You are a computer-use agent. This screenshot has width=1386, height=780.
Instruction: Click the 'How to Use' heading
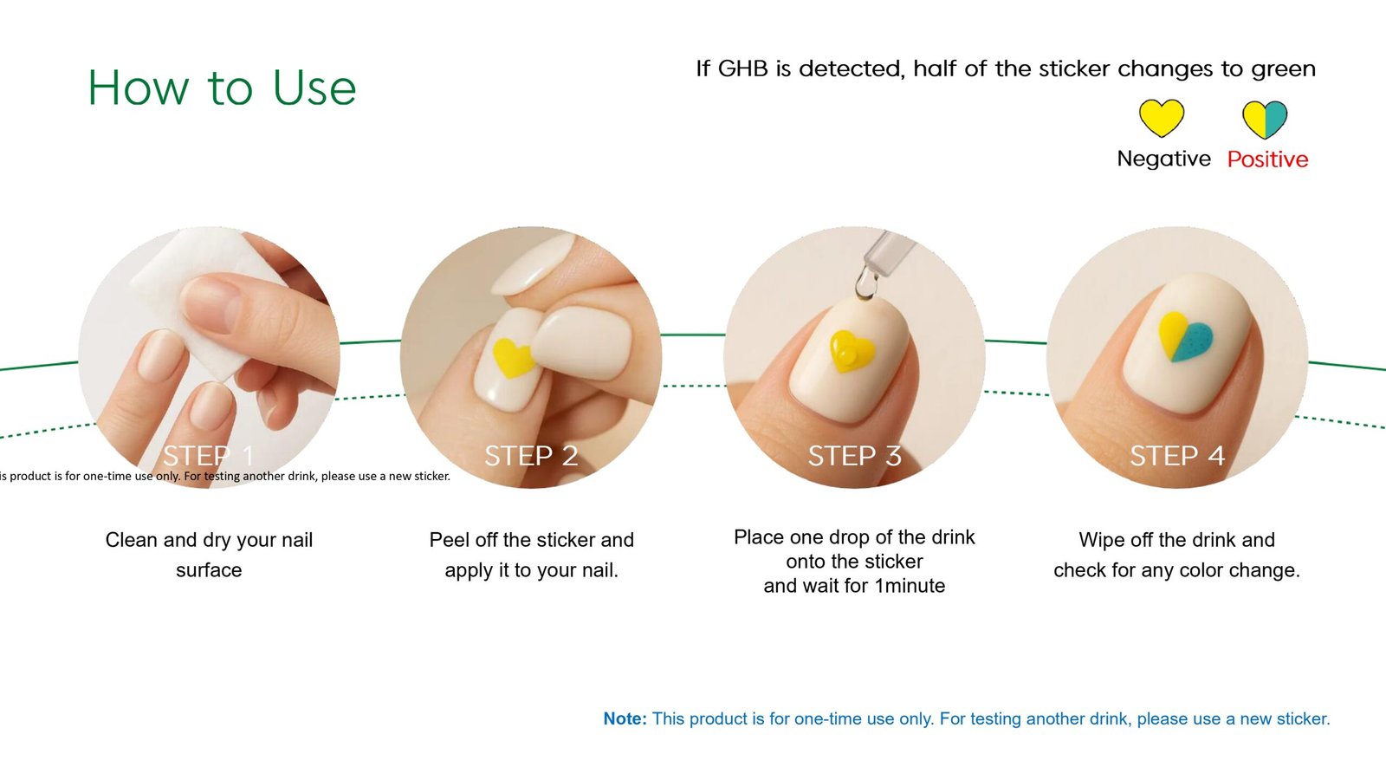(222, 88)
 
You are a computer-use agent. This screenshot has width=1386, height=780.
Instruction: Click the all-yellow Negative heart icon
(1162, 118)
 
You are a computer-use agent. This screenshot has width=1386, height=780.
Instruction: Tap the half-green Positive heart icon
(1265, 120)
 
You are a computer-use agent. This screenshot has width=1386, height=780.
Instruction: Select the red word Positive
(1268, 159)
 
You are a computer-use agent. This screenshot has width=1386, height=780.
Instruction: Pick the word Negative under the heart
(1164, 159)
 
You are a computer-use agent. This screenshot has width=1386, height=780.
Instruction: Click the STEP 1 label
(209, 456)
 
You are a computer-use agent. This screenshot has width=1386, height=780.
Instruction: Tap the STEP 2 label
(532, 456)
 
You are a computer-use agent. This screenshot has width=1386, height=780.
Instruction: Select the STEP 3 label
(854, 456)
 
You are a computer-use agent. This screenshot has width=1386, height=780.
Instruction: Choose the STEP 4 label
(1177, 456)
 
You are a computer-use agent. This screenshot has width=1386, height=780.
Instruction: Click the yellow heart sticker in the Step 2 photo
(512, 358)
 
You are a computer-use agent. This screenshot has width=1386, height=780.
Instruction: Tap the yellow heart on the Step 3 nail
(852, 351)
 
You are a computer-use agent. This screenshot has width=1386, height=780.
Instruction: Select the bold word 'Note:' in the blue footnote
(625, 718)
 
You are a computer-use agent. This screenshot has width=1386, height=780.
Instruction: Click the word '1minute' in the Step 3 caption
(910, 586)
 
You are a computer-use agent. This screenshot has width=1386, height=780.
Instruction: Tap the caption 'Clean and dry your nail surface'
(209, 555)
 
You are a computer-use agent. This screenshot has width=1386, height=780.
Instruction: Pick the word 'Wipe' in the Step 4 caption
(1099, 541)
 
